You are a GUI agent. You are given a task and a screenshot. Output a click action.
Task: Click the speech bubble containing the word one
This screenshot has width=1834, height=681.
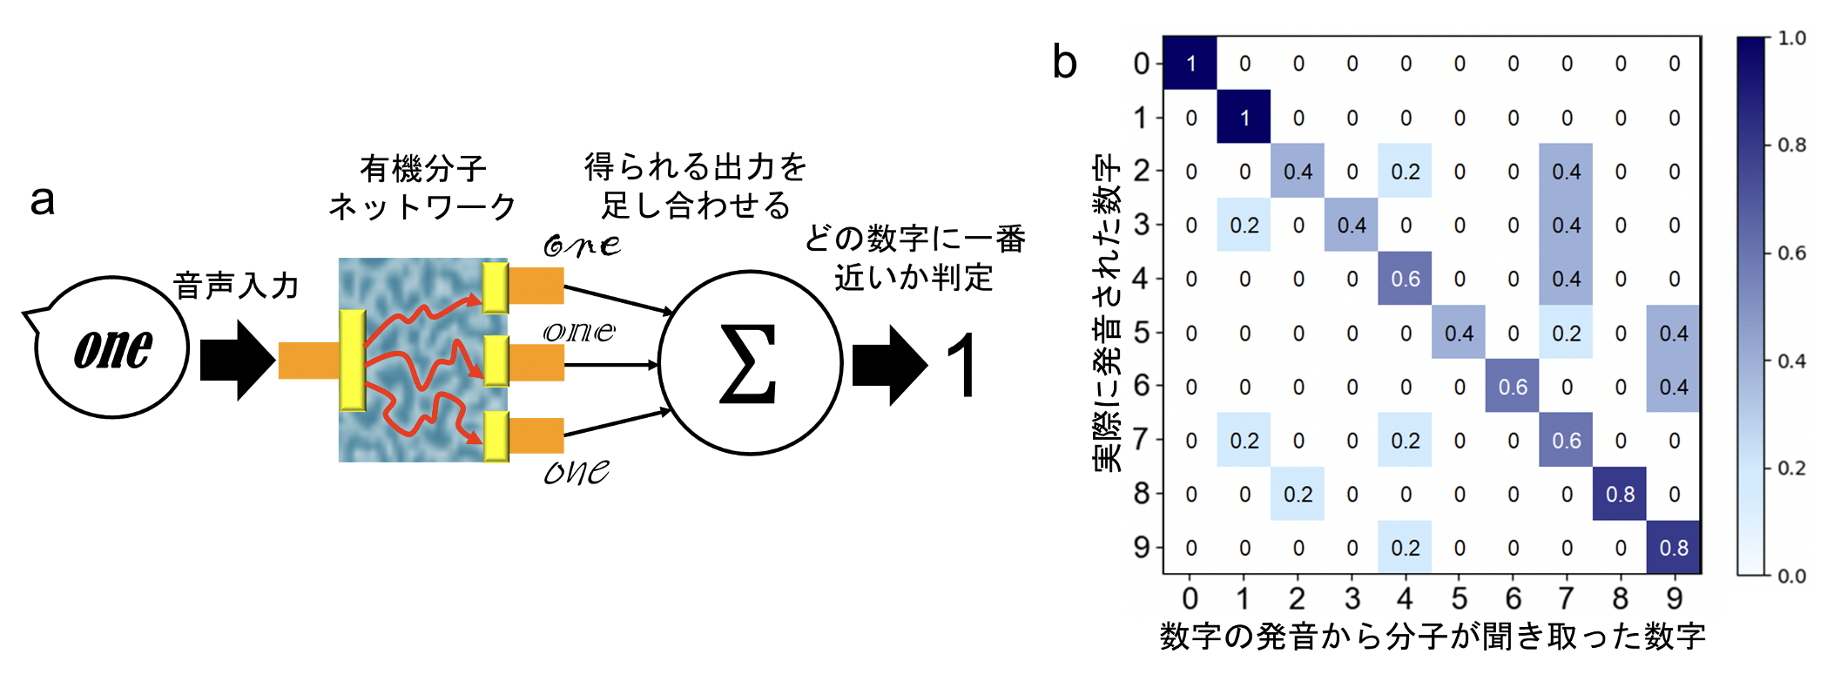[111, 347]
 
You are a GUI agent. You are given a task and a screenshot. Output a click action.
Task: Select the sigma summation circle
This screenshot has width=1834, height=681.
[750, 362]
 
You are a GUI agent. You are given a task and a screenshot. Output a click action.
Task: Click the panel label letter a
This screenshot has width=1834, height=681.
[43, 199]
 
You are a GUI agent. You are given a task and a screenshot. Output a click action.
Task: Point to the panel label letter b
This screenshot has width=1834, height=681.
[1064, 63]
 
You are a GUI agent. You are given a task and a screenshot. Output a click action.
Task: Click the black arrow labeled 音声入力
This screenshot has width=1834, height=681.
[236, 360]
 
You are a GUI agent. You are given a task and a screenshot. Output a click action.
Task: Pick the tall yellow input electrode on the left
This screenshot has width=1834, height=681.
[353, 360]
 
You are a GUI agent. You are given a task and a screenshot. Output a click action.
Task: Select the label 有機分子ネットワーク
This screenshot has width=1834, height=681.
[422, 187]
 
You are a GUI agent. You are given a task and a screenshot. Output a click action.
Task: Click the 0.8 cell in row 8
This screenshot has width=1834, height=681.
[1620, 495]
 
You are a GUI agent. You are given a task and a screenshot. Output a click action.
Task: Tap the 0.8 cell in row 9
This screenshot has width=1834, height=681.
[1673, 548]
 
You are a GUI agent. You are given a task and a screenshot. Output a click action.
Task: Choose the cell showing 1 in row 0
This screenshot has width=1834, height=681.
[1190, 64]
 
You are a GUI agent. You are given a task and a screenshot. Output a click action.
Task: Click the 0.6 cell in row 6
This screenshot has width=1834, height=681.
[1513, 387]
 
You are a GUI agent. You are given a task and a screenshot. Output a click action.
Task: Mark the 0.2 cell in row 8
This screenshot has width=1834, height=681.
[1298, 495]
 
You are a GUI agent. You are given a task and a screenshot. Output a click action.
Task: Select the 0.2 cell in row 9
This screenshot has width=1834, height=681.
[1405, 548]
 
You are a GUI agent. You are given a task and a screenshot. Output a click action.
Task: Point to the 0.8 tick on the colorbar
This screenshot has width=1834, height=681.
[1791, 145]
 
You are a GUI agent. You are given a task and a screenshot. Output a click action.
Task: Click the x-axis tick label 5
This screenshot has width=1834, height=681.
[1459, 599]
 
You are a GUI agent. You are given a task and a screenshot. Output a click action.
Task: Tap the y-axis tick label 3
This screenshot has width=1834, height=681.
[1142, 225]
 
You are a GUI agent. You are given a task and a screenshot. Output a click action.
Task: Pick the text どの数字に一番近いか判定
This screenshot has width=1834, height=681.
[914, 258]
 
